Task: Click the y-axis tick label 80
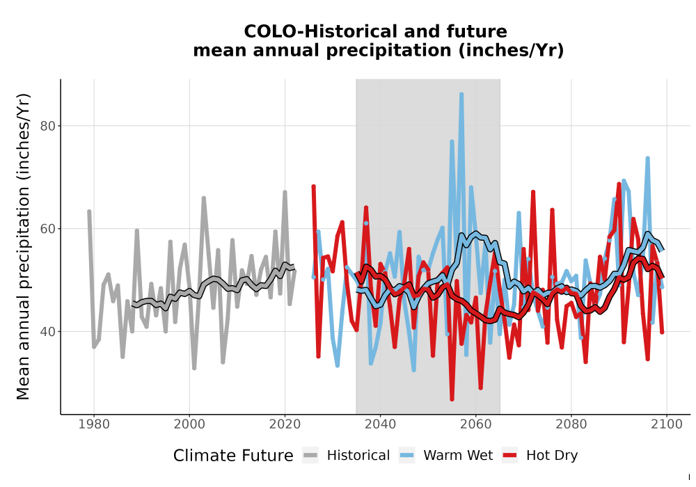[47, 126]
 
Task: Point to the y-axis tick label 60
[47, 229]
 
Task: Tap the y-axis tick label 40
[47, 332]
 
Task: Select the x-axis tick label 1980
[94, 424]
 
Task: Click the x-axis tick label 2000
[189, 424]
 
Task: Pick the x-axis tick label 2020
[285, 424]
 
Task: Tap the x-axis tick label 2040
[381, 424]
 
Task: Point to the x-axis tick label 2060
[476, 424]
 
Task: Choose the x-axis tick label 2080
[571, 424]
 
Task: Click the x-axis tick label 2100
[667, 424]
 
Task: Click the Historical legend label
[358, 456]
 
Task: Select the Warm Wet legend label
[458, 456]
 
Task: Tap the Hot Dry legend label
[552, 456]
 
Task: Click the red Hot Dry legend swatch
[510, 456]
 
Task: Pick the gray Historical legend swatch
[310, 456]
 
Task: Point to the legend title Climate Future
[233, 456]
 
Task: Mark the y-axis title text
[23, 246]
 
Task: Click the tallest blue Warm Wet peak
[461, 94]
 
